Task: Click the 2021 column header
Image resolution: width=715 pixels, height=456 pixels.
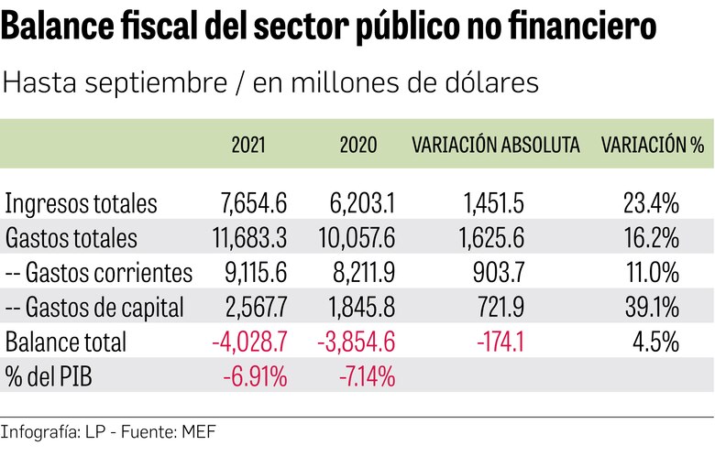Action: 249,145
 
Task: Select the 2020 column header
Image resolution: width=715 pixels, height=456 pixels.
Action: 357,145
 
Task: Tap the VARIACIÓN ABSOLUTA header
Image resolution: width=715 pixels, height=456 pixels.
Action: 496,145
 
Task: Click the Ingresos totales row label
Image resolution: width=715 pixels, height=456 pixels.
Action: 82,203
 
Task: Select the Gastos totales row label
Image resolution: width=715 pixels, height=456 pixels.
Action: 71,238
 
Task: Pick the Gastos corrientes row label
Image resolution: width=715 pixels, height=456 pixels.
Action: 99,273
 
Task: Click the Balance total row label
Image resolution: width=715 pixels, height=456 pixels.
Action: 65,342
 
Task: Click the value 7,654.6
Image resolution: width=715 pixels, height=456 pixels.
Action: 250,203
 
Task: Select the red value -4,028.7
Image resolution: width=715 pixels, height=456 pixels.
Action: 249,342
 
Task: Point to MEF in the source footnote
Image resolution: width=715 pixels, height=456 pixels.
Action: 195,430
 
